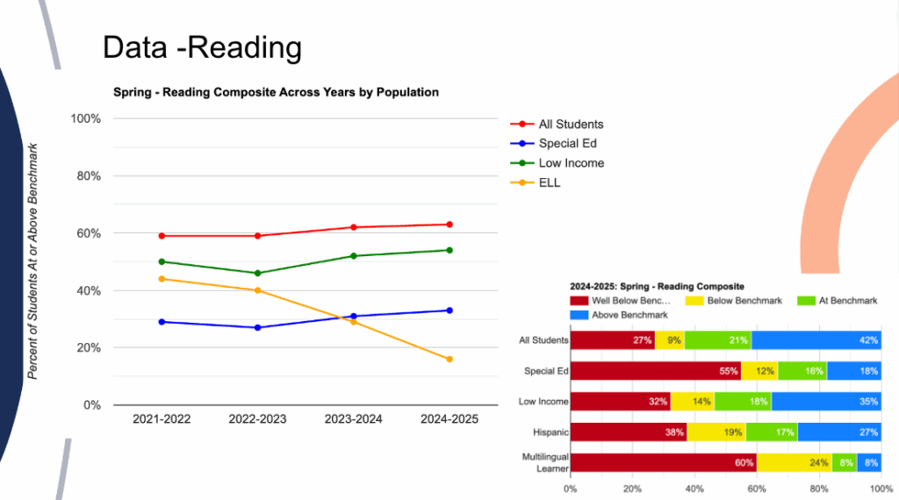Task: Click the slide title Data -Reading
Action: click(x=202, y=47)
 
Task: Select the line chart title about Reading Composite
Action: click(x=276, y=92)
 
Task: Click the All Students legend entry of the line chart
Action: click(x=571, y=125)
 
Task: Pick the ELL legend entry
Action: click(x=550, y=182)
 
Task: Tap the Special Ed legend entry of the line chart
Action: click(x=567, y=144)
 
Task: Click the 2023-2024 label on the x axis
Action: click(x=353, y=419)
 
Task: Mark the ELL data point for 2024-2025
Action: click(x=449, y=359)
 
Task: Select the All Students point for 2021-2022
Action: click(x=162, y=236)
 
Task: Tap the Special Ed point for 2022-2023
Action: click(x=257, y=327)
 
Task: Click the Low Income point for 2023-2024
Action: click(x=353, y=256)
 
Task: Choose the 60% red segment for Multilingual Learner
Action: click(x=664, y=463)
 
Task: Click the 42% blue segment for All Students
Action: click(x=816, y=339)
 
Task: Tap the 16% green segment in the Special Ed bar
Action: click(x=802, y=371)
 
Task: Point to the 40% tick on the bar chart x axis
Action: click(x=694, y=489)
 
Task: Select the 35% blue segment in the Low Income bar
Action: click(x=826, y=402)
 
